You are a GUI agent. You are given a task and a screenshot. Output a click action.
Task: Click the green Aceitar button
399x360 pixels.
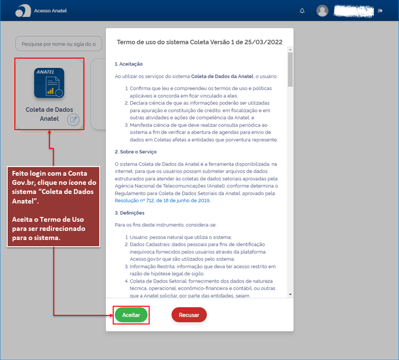click(131, 315)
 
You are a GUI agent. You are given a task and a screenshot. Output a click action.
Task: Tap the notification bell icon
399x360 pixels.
click(302, 11)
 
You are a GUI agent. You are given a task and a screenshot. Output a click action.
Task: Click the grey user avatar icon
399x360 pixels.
click(323, 11)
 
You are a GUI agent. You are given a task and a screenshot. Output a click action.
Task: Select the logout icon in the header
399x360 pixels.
click(380, 11)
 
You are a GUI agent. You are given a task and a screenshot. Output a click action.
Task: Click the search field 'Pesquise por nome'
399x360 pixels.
click(59, 44)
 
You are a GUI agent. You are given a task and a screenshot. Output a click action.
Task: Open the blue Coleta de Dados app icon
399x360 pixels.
click(49, 83)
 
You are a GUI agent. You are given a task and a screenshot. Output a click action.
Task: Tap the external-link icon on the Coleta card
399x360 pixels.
click(73, 120)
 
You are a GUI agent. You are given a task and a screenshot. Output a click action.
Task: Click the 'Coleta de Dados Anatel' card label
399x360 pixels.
click(49, 114)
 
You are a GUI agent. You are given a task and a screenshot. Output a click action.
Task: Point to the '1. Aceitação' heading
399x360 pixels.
click(129, 64)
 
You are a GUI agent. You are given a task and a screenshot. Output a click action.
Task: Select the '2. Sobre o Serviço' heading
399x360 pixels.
click(135, 152)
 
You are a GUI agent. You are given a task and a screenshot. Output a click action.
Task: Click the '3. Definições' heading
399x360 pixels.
click(129, 213)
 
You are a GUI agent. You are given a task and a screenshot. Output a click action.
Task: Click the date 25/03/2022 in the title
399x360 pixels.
click(265, 42)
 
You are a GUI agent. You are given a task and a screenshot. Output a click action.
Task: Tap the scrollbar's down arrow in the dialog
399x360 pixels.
click(290, 294)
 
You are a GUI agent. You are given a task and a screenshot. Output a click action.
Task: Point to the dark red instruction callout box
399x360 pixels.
click(53, 206)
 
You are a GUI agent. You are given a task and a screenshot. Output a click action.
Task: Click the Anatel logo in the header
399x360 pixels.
click(23, 11)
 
